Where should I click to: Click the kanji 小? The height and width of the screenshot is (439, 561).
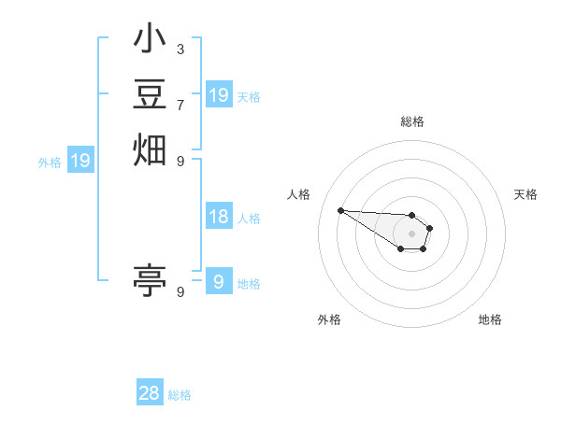click(150, 42)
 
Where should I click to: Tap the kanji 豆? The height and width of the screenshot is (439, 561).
click(150, 95)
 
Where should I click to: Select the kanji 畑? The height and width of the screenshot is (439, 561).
click(150, 149)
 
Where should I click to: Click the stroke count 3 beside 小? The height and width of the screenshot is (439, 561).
click(180, 49)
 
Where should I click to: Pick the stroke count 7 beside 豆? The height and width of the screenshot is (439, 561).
click(180, 104)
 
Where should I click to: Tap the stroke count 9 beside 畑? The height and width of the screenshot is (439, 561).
click(180, 160)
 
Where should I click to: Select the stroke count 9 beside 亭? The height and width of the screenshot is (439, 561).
click(180, 291)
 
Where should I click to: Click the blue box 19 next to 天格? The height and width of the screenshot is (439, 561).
click(219, 95)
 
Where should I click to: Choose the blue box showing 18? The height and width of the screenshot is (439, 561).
click(219, 217)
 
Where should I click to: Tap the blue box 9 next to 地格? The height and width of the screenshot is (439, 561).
click(219, 282)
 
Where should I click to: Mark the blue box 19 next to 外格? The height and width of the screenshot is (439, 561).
click(80, 161)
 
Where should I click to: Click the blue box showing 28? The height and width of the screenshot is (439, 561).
click(150, 393)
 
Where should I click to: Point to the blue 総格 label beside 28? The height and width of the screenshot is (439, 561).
click(180, 395)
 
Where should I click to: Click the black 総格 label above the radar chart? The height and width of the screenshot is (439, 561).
click(412, 121)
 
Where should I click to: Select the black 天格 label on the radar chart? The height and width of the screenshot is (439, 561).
click(526, 194)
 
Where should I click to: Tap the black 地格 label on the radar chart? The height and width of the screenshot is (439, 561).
click(490, 319)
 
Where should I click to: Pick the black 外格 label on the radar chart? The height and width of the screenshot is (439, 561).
click(329, 319)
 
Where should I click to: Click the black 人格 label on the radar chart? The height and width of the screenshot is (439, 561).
click(298, 194)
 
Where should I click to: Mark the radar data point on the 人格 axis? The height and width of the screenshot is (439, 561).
click(341, 210)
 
